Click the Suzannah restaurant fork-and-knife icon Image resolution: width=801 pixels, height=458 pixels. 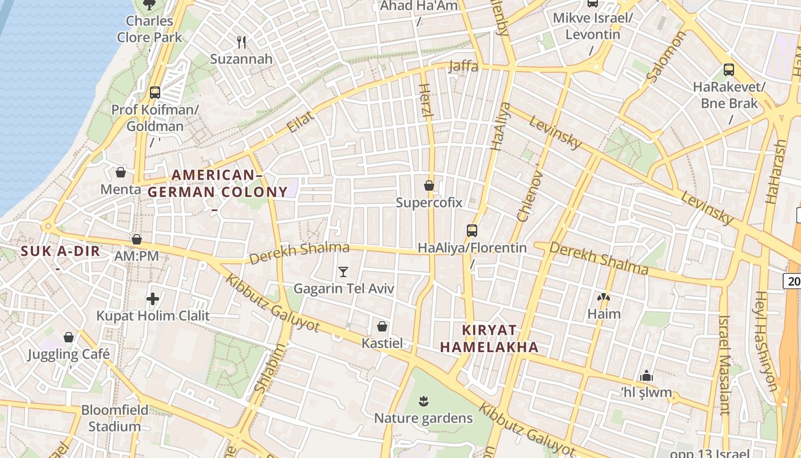coord(241,42)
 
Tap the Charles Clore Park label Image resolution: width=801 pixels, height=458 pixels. coord(149,29)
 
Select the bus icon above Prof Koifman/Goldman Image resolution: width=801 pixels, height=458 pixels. coord(154,92)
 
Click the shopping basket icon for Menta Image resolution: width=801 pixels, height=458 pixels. coord(121,172)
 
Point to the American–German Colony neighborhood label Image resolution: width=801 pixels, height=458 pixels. coord(217,183)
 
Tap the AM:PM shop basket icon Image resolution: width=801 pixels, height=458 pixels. coord(137,239)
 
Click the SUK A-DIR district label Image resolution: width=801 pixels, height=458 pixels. coord(61,251)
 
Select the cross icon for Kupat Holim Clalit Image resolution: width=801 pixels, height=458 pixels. coord(153,298)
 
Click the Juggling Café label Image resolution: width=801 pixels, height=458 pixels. coord(69,354)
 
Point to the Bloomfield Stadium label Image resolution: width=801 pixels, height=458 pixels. coord(114,418)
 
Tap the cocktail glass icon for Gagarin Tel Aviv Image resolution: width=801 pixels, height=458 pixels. coord(343,271)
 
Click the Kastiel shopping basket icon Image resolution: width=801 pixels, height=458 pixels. coord(382,326)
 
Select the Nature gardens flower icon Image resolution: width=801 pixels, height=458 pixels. coord(423,401)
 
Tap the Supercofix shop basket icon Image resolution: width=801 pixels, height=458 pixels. coord(429,185)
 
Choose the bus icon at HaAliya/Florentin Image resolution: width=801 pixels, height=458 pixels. coord(472,231)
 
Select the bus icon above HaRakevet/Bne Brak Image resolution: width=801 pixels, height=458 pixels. coord(729,70)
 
